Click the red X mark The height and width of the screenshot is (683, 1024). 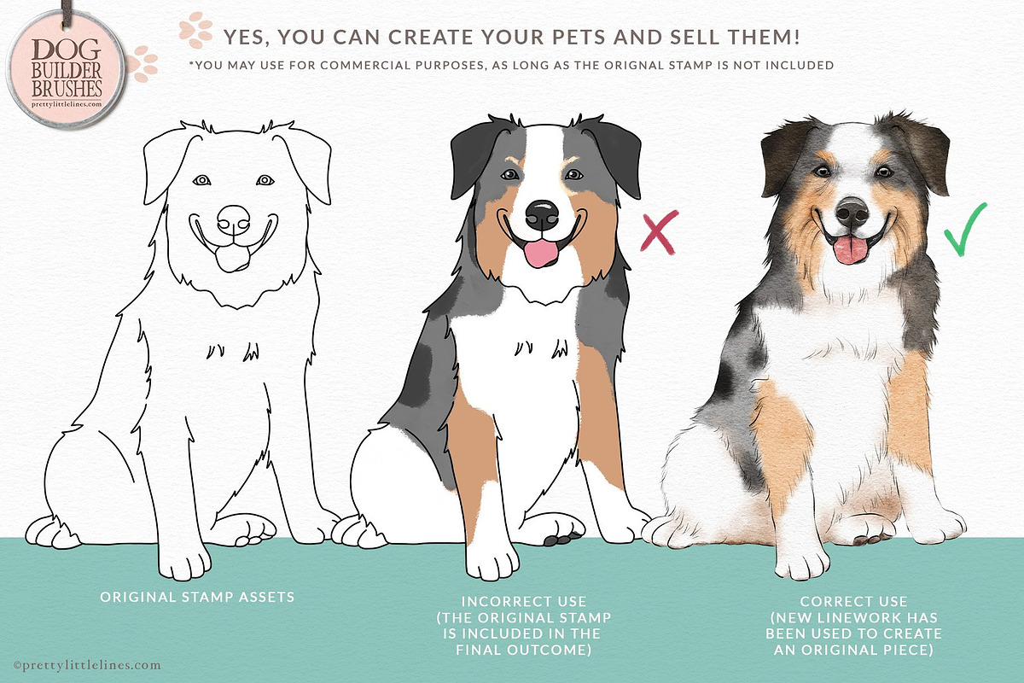click(659, 232)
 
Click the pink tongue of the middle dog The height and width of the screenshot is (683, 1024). click(540, 253)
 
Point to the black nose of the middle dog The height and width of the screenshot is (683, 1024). click(542, 215)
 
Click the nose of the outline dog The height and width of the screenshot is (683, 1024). click(234, 220)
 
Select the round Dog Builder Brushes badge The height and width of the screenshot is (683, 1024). click(66, 69)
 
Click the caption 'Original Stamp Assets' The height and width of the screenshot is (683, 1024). click(197, 597)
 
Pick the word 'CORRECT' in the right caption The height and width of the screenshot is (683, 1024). click(853, 601)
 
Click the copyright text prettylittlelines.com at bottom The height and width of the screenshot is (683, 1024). click(87, 665)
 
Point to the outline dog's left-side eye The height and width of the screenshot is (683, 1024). click(201, 180)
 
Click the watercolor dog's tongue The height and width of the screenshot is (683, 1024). click(850, 250)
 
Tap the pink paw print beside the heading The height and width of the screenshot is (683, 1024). click(196, 30)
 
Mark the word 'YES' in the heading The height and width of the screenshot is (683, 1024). click(246, 37)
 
